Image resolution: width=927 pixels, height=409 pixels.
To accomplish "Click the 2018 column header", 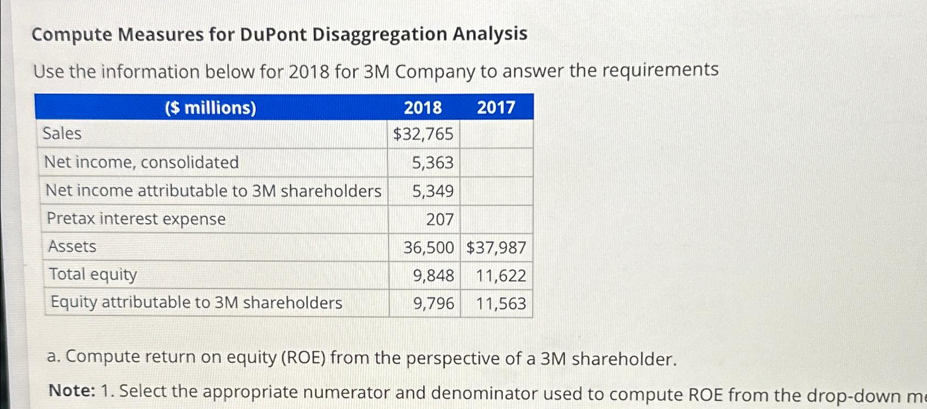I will (x=423, y=108).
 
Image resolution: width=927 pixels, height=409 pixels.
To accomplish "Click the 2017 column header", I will (x=496, y=108).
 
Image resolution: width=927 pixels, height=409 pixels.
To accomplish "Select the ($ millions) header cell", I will (x=211, y=108).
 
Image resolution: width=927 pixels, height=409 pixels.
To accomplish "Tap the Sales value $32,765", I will (x=423, y=134).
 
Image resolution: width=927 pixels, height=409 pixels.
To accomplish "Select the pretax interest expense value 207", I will (x=440, y=219).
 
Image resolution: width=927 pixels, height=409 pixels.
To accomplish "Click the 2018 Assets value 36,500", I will (x=429, y=247).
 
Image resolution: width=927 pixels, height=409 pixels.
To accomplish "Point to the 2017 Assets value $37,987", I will (x=496, y=248).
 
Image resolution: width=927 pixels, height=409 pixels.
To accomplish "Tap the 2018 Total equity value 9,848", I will (x=434, y=275).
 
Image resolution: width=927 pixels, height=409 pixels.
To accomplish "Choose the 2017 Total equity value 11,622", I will (x=501, y=275).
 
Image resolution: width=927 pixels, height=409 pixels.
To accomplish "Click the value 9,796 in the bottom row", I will (x=434, y=303).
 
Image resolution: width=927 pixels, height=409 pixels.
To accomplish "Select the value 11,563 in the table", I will (x=501, y=303).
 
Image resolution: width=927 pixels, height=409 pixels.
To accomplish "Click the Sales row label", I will (x=62, y=134).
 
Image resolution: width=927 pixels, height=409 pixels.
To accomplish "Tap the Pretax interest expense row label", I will (x=136, y=219).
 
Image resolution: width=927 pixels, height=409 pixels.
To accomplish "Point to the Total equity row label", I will (x=92, y=274).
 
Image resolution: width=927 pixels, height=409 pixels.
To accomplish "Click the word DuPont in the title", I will (x=273, y=35).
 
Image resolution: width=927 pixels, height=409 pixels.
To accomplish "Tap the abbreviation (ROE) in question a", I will (x=303, y=358).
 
